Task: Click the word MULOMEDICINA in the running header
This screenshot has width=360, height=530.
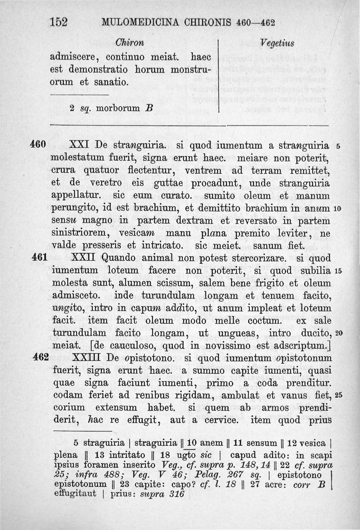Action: pyautogui.click(x=130, y=22)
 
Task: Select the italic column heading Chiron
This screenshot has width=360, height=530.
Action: pyautogui.click(x=130, y=43)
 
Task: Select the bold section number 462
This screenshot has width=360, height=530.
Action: pyautogui.click(x=41, y=358)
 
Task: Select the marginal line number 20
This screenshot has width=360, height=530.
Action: pyautogui.click(x=339, y=333)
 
